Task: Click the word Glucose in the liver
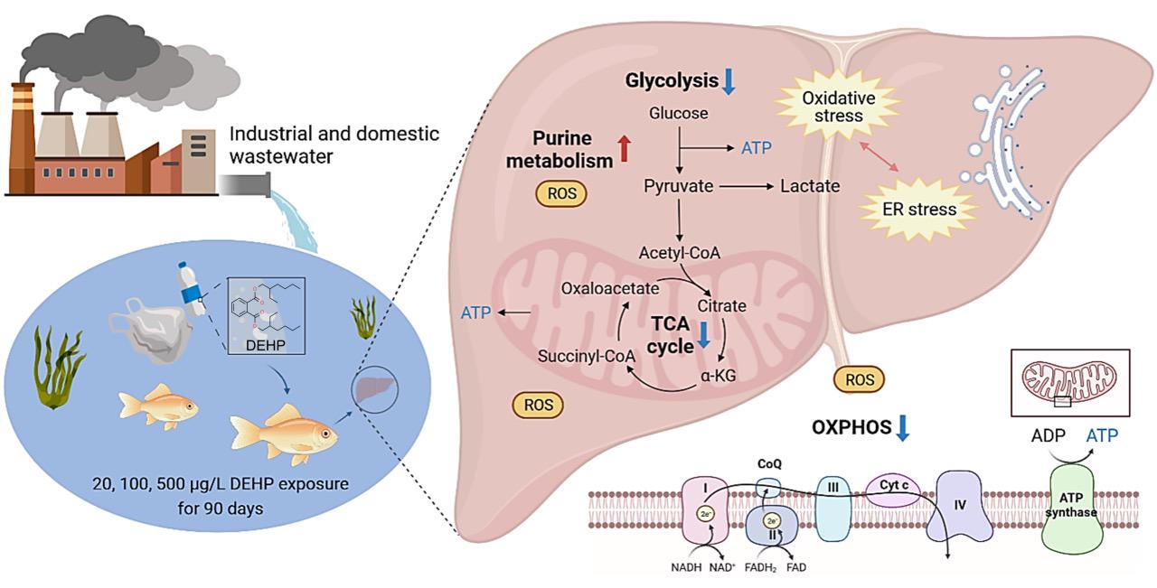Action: pos(679,114)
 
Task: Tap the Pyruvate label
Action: pos(679,186)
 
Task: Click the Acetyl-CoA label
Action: pos(679,252)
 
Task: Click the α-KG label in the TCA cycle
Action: pos(720,374)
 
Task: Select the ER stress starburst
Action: pos(918,210)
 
